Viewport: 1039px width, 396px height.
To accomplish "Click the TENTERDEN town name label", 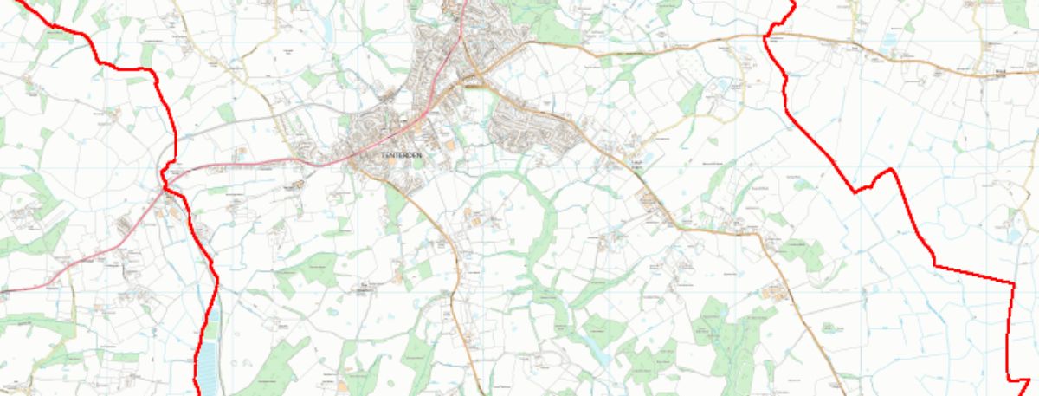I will [400, 155].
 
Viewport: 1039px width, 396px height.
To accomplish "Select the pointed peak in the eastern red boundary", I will [892, 170].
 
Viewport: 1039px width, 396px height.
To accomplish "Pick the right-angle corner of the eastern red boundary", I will [1012, 282].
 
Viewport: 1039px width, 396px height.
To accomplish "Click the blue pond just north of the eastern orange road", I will [723, 85].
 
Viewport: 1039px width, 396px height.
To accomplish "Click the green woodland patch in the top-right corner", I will [1015, 12].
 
